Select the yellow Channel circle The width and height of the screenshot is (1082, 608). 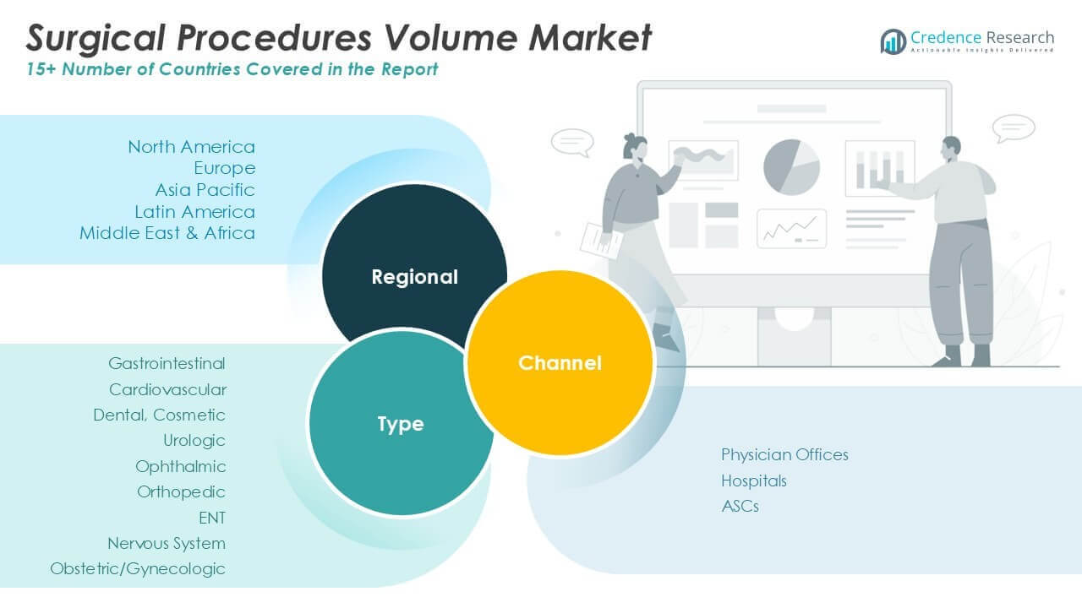coord(560,362)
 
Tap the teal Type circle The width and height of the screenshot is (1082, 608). coord(400,423)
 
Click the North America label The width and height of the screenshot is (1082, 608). coord(191,147)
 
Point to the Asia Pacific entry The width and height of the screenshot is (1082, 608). coord(205,190)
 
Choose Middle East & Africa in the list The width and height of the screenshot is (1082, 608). coord(167,233)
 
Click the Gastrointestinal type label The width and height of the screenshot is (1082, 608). coord(167,364)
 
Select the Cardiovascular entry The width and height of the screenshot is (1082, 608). coord(167,389)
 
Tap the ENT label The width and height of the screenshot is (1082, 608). coord(212,518)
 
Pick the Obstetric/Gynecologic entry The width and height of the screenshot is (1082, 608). coord(138,568)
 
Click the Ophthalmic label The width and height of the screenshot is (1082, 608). coord(181,466)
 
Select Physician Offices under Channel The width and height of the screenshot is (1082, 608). coord(784,454)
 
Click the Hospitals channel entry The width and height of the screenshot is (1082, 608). coord(753,480)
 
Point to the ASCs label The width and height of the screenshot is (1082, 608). coord(740,506)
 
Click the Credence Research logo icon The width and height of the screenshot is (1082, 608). coord(893,41)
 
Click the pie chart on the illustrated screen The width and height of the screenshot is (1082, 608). coord(792,167)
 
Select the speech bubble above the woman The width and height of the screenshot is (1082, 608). coord(572,142)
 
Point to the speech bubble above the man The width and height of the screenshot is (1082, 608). coord(1014,128)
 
